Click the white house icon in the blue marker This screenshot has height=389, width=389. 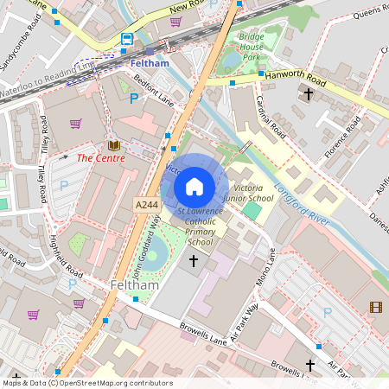(194, 186)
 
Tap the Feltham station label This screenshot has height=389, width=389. (149, 63)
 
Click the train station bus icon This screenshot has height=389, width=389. (127, 40)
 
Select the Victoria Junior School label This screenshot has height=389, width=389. (249, 193)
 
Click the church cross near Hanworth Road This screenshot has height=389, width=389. (308, 92)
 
